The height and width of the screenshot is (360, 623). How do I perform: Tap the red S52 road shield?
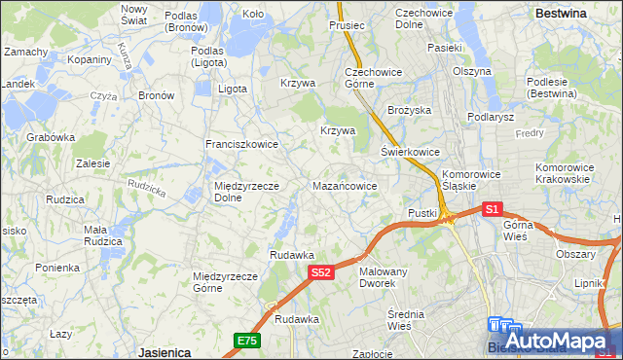click(323, 274)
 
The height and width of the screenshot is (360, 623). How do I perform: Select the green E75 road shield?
click(246, 340)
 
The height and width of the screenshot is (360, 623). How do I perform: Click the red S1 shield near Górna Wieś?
click(493, 209)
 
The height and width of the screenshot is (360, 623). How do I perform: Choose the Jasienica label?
click(164, 351)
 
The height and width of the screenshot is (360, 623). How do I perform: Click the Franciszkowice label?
click(241, 144)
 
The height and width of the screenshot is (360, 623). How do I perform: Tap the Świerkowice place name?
click(410, 153)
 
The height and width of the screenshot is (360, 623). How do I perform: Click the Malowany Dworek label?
click(383, 277)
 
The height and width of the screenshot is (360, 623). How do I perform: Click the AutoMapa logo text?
click(570, 342)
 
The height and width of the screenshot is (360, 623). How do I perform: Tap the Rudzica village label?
click(65, 199)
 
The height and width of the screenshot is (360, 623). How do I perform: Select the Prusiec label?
click(347, 25)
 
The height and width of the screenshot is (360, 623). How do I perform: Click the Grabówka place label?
click(51, 137)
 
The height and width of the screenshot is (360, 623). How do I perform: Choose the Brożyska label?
click(409, 111)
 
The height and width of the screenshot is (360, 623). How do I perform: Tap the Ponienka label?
click(57, 268)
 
